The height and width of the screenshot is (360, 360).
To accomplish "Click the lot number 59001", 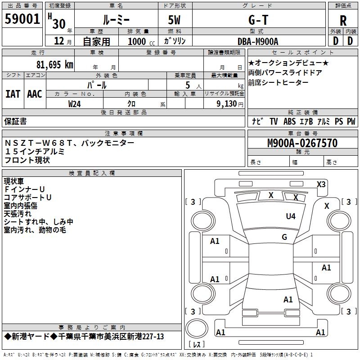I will coord(22,19).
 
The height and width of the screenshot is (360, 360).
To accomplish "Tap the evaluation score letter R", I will coord(343,20).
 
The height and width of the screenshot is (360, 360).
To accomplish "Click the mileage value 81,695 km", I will coord(54,64).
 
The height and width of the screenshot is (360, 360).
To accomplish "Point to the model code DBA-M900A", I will coord(258,41).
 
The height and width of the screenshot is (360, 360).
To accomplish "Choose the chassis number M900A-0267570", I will coord(302,143).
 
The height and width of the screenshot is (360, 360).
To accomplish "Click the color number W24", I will coord(75,104).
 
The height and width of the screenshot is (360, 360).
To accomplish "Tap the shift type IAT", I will coord(13,94).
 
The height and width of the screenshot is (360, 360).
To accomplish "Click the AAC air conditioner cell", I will coord(35,94).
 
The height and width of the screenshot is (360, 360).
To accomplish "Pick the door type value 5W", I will coord(175,19).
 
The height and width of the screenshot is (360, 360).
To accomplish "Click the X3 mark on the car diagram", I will coord(321,184).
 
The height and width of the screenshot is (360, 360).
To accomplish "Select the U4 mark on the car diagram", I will coord(291,216).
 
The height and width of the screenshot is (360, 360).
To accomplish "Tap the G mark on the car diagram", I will coord(284,237).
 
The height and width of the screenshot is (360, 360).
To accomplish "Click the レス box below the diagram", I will coord(196,345).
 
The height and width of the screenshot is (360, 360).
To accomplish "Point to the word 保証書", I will coord(15,121).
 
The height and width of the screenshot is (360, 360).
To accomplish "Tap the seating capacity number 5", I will coord(186,85).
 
